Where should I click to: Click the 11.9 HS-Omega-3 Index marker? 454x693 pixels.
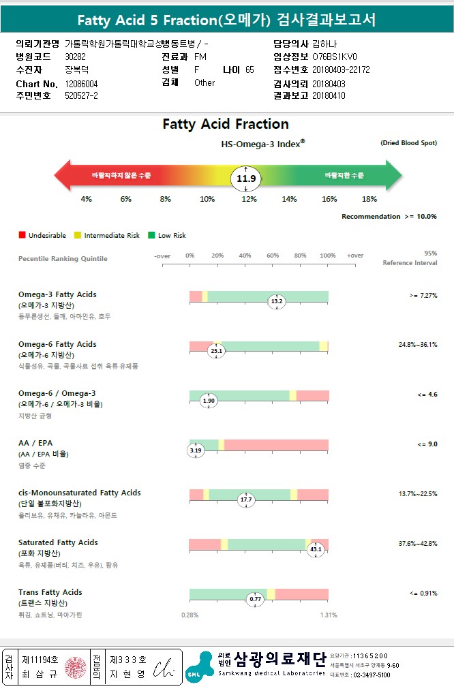[246, 179]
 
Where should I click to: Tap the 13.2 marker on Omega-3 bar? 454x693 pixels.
[277, 301]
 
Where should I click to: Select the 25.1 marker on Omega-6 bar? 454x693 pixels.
[216, 350]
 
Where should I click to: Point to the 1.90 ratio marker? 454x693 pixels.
[209, 401]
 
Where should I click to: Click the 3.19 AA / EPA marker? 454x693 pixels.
[196, 450]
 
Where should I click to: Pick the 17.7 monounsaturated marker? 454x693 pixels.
[246, 499]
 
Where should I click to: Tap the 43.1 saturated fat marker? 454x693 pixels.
[315, 549]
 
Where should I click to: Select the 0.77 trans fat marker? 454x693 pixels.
[256, 599]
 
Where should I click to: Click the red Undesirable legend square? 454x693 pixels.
[22, 235]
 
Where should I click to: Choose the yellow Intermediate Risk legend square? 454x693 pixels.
[78, 235]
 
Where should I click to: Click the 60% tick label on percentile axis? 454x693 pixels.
[273, 256]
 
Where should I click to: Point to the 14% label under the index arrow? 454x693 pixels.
[290, 199]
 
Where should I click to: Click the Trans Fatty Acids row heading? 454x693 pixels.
[50, 592]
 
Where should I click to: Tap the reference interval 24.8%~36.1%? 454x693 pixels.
[418, 345]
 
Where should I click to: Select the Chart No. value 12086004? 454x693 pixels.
[81, 83]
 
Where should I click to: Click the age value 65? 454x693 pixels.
[249, 70]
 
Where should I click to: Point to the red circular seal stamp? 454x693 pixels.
[74, 667]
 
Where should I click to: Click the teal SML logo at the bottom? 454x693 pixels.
[199, 667]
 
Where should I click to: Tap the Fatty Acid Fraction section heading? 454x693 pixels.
[226, 124]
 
